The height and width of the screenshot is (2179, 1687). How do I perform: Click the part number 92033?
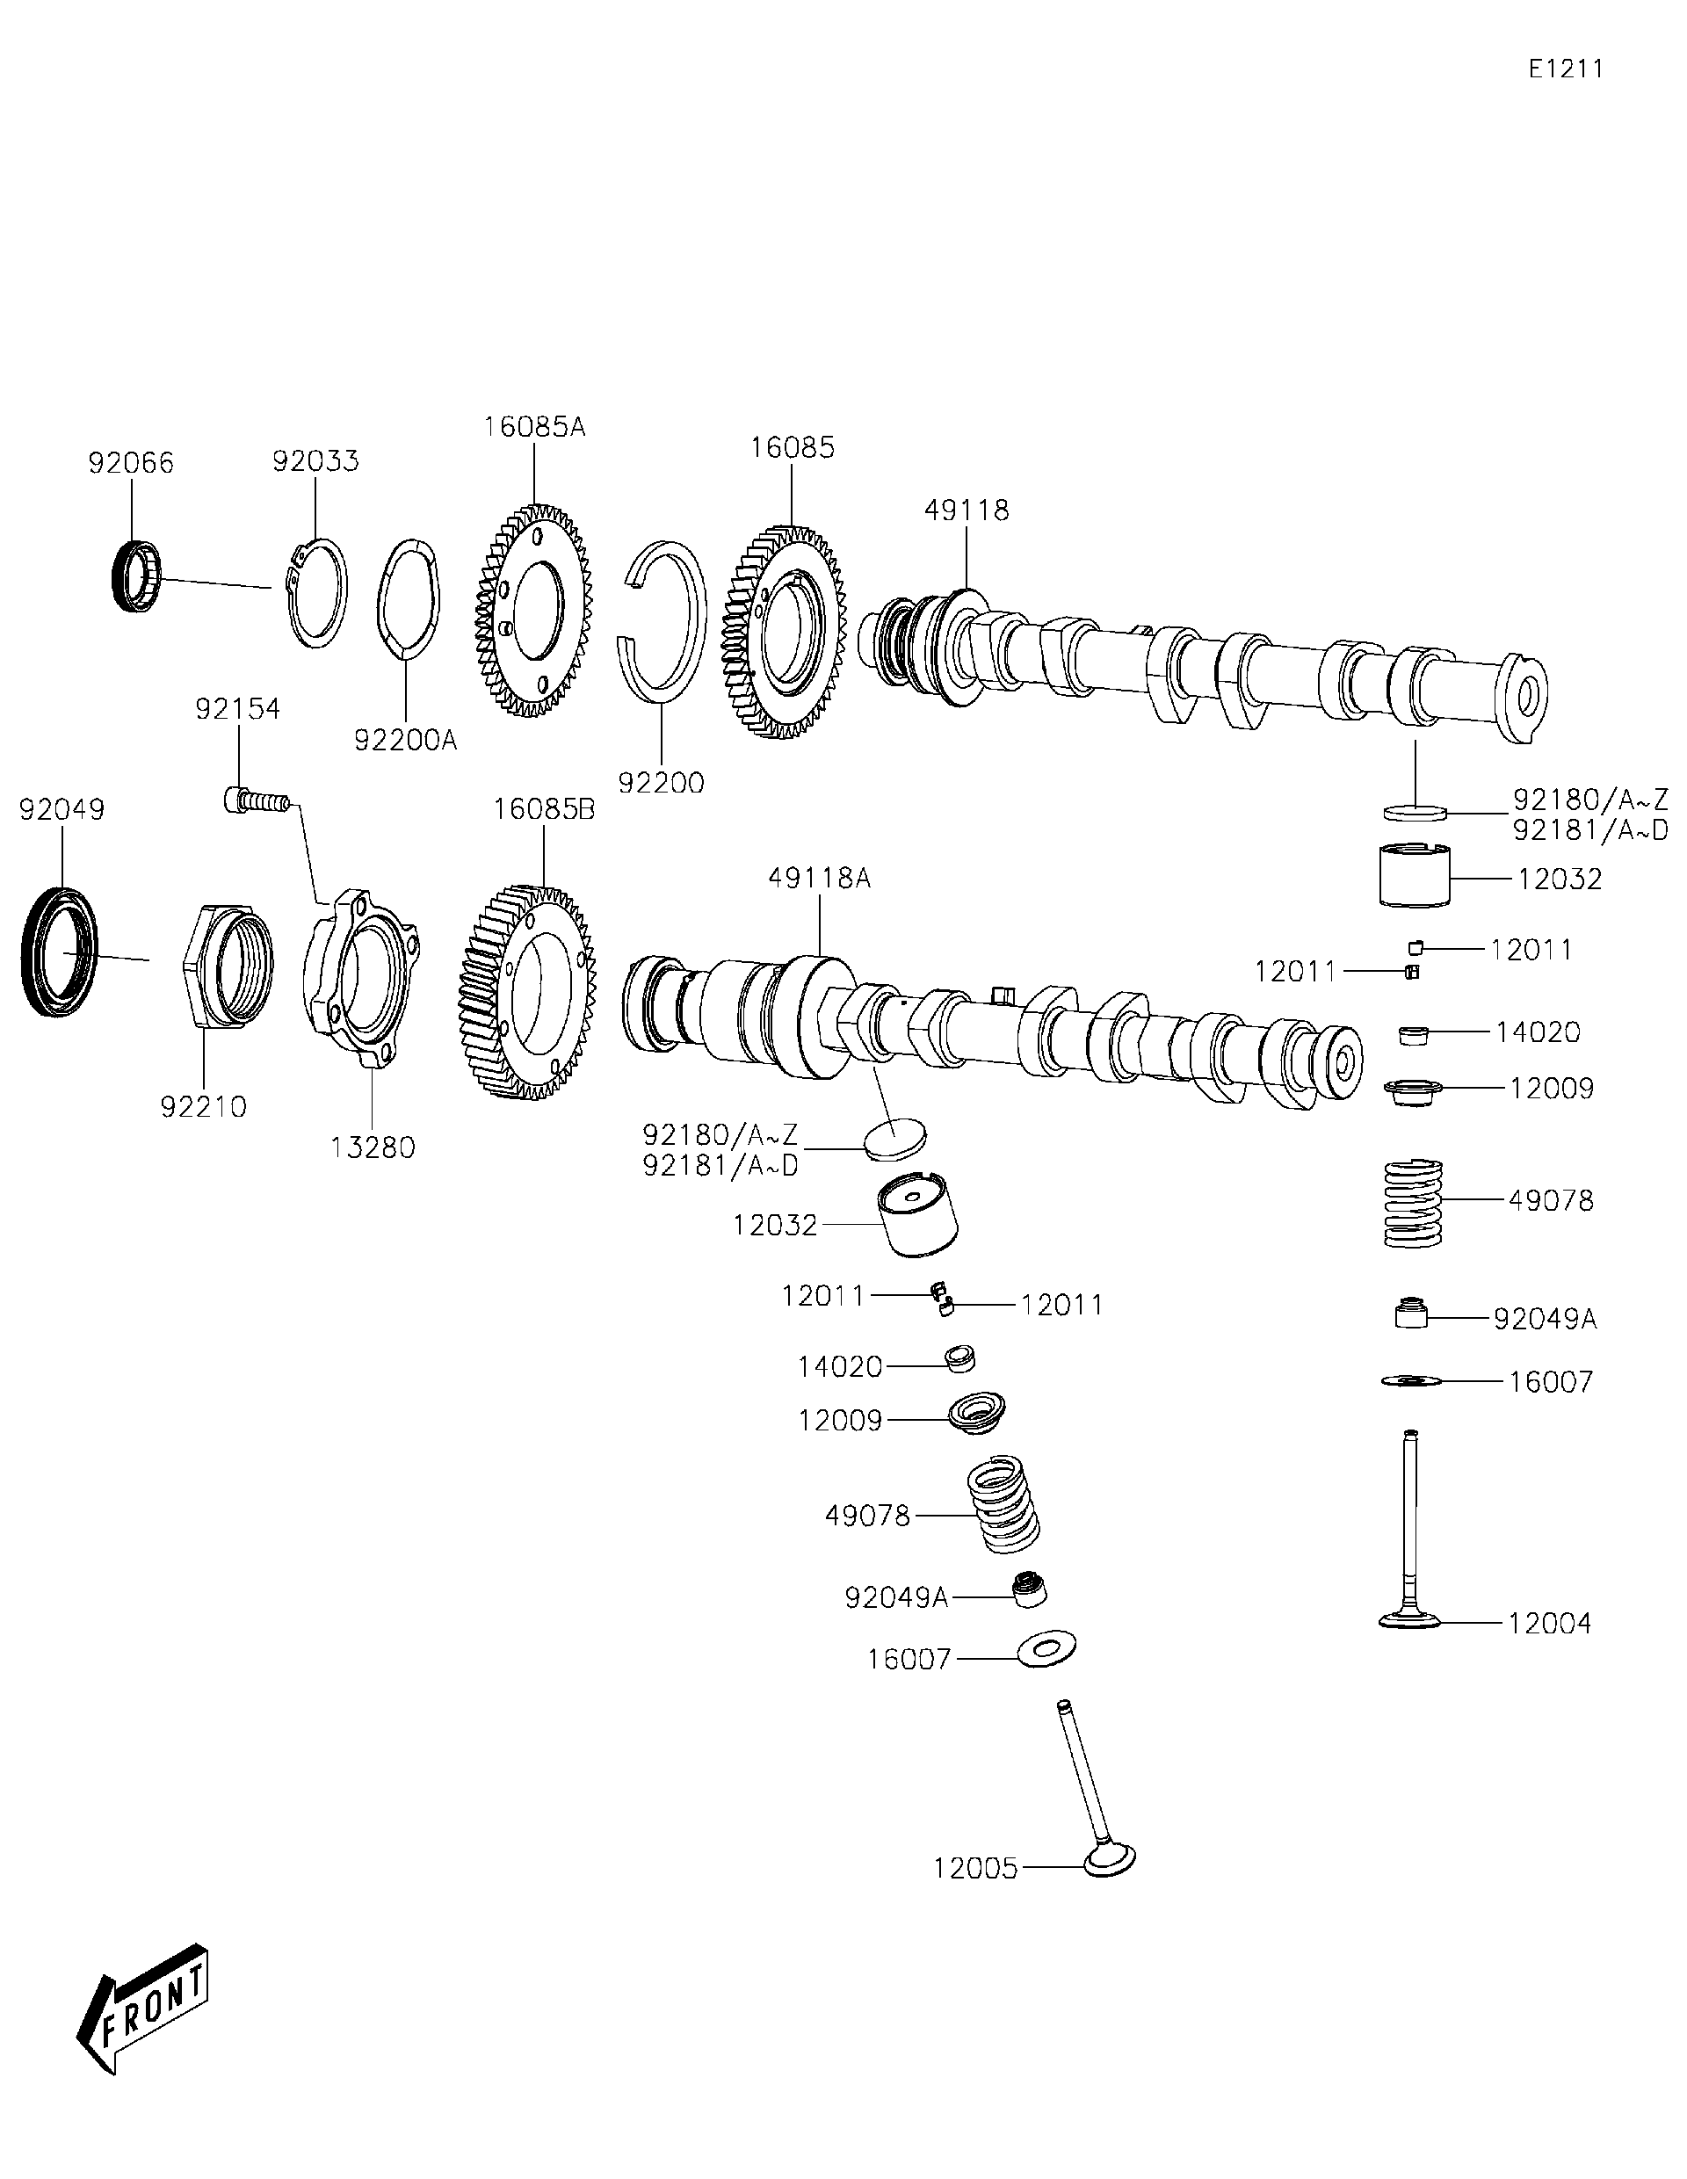click(x=315, y=461)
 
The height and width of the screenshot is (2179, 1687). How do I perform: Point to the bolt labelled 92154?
click(x=255, y=800)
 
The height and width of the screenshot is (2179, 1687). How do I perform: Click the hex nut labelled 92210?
click(x=228, y=966)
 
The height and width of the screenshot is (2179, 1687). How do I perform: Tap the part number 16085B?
click(x=544, y=809)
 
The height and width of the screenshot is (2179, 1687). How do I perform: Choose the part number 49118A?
click(x=819, y=878)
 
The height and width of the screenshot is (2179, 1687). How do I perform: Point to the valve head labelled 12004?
click(x=1410, y=1619)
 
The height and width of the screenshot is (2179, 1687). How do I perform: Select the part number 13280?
click(x=373, y=1147)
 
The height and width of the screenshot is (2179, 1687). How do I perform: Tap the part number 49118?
click(x=966, y=510)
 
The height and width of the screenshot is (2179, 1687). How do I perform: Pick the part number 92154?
click(x=237, y=708)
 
